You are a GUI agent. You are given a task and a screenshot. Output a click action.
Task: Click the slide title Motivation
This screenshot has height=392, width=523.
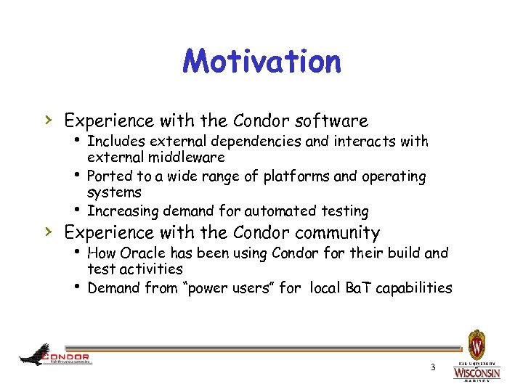pyautogui.click(x=261, y=62)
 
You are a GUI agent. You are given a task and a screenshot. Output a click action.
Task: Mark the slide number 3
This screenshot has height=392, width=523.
pyautogui.click(x=432, y=367)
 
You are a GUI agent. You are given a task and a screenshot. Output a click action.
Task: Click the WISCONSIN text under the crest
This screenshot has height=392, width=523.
pyautogui.click(x=477, y=372)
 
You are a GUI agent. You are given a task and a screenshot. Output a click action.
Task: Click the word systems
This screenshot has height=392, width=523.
pyautogui.click(x=114, y=192)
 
